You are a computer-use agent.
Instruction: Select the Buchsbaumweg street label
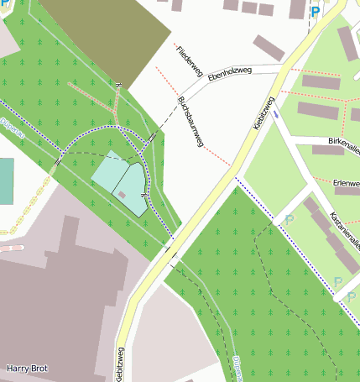pos(190,122)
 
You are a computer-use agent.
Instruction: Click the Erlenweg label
pos(346,182)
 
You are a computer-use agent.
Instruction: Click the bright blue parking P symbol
pos(316,12)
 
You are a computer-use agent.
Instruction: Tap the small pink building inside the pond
pos(123,195)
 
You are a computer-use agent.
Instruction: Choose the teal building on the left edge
pos(6,181)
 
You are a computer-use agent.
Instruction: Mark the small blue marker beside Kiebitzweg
pos(276,113)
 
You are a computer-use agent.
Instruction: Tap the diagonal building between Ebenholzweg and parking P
pos(269,47)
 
